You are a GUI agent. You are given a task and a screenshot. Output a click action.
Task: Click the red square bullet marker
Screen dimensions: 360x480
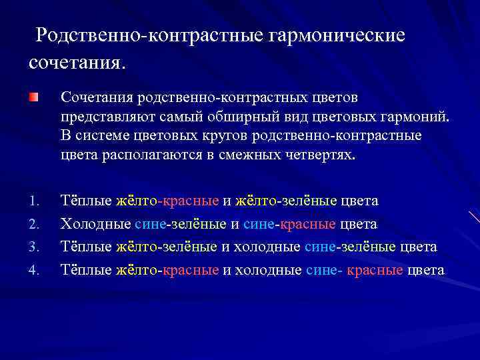click(x=33, y=97)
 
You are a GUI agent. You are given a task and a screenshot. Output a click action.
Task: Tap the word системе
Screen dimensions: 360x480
click(x=101, y=136)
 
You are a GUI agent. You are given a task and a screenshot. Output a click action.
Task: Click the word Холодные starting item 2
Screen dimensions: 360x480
click(x=95, y=224)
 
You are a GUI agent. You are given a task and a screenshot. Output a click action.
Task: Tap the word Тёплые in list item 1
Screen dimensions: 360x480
click(x=86, y=201)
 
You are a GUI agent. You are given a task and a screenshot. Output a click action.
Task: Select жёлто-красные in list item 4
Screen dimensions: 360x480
click(x=167, y=270)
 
